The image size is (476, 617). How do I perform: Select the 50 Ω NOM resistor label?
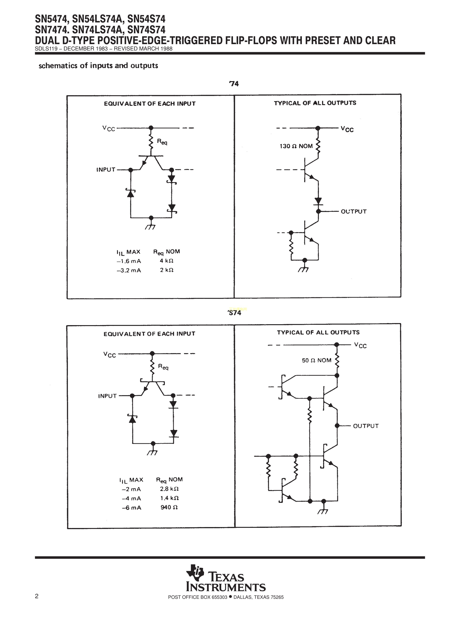tap(316, 360)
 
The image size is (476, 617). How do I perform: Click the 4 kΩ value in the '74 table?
tap(166, 261)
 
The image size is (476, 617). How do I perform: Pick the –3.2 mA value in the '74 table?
tap(129, 270)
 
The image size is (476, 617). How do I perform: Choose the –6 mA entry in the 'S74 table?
tap(131, 508)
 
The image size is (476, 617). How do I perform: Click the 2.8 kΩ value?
tap(169, 489)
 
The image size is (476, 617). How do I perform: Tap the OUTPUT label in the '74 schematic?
tap(354, 211)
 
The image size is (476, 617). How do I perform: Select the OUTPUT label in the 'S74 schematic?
tap(366, 426)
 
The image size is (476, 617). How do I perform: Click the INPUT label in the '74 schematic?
tap(106, 170)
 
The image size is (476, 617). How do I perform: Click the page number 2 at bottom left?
tap(37, 596)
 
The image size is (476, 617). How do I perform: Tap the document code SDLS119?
tap(46, 49)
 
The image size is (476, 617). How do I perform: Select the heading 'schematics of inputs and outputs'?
tap(98, 66)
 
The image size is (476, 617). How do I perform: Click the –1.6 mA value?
tap(129, 261)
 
